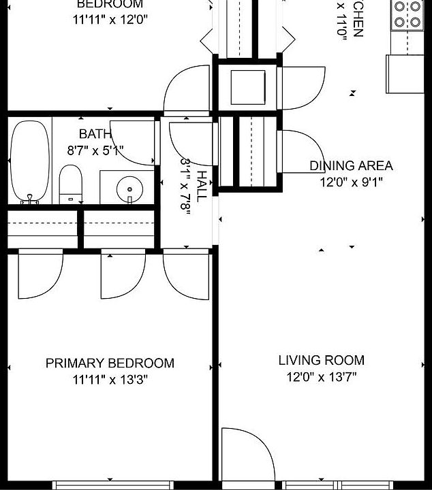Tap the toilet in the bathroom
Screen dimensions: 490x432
(x=71, y=184)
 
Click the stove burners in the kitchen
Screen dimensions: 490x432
(x=407, y=14)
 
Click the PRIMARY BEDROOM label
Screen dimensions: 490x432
(x=110, y=363)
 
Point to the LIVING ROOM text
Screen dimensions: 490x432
(x=321, y=360)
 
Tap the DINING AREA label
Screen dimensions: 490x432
(x=351, y=165)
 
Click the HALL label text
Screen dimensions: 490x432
(x=202, y=186)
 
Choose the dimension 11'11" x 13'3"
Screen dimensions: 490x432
(x=110, y=380)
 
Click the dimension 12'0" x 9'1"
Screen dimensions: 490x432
(x=351, y=182)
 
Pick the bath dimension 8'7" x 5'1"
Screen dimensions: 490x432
(x=95, y=150)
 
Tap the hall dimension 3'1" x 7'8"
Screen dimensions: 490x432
(x=185, y=186)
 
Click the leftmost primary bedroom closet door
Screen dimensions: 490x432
(x=40, y=276)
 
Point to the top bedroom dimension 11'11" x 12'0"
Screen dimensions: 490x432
(x=110, y=19)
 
